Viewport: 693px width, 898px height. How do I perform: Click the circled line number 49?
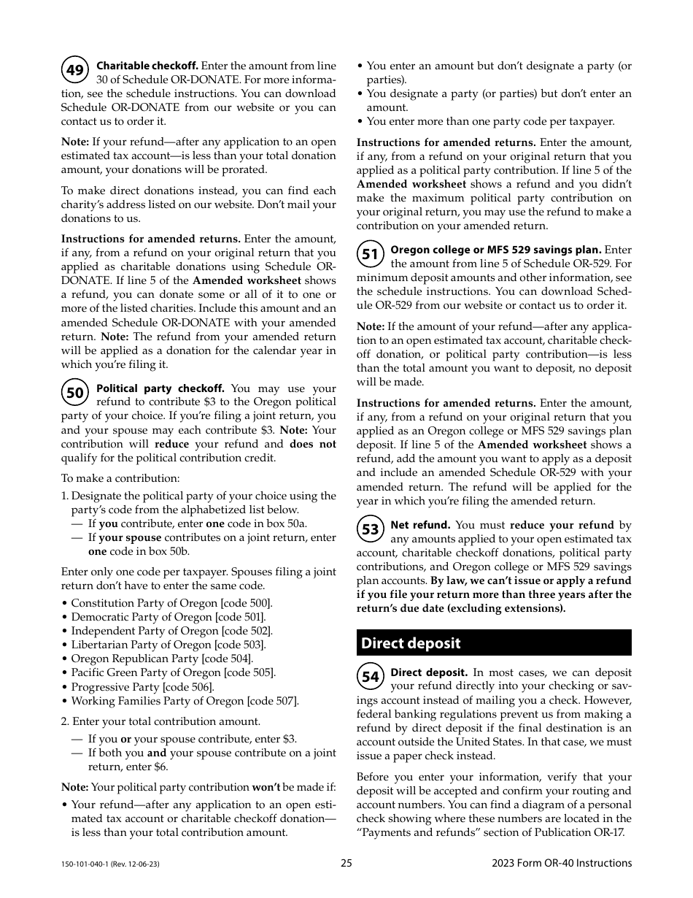75,71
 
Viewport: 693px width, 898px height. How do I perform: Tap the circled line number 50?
75,394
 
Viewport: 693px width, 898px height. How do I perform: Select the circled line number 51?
371,254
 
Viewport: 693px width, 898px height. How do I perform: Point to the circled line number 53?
371,529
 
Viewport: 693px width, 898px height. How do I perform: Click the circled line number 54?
371,677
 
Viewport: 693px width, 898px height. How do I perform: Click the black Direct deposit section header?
494,643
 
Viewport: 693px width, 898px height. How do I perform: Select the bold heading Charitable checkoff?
147,66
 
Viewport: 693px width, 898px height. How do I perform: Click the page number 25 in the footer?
346,863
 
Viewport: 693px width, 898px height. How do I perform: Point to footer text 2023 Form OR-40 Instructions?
562,863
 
